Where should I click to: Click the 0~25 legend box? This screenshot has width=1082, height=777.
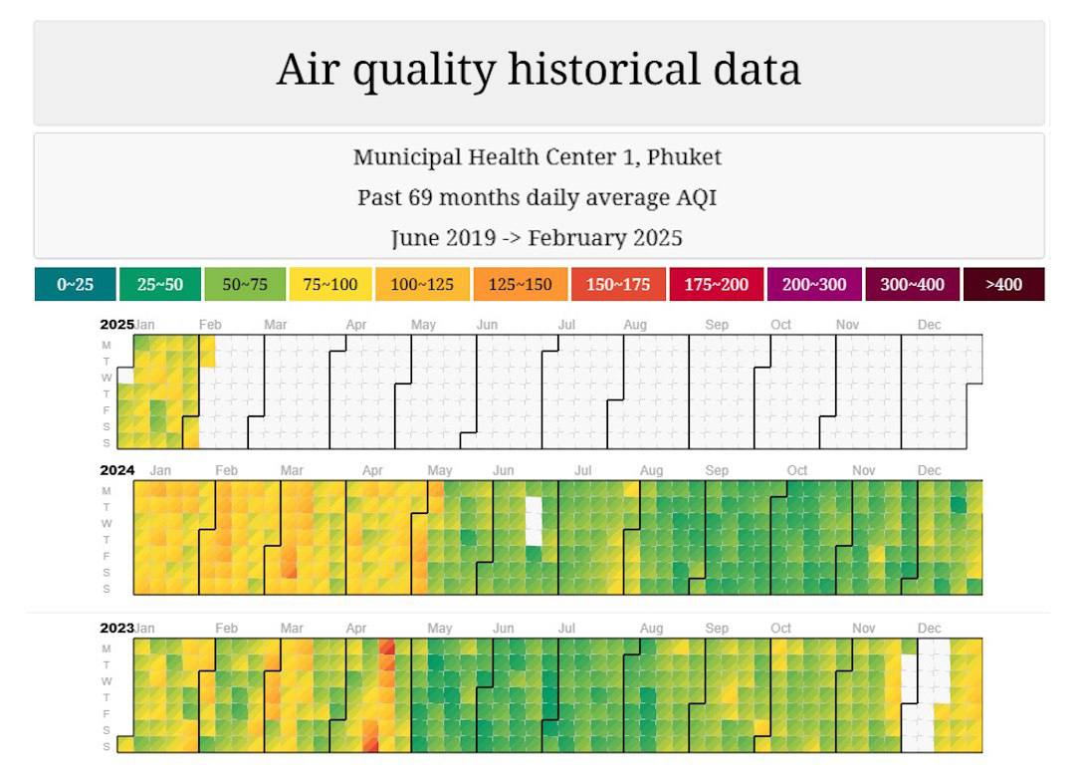[75, 284]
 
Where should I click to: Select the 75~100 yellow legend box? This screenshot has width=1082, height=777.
[329, 284]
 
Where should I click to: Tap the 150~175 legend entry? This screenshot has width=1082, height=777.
[618, 284]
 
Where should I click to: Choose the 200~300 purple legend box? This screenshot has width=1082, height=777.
[813, 284]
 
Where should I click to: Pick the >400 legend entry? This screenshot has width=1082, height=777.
[1003, 284]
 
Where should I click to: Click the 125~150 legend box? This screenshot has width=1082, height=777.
[520, 284]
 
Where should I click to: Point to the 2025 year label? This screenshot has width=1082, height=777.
[116, 324]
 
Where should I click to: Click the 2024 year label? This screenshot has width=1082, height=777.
[116, 470]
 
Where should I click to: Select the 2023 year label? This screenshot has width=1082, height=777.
[116, 628]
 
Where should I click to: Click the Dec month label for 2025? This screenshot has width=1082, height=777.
[929, 325]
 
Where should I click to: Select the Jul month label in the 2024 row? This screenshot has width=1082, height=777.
[583, 470]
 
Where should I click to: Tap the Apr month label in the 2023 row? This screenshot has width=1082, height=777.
[355, 629]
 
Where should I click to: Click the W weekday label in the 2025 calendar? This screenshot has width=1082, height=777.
[107, 378]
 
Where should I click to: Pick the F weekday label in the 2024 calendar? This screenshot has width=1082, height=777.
[107, 556]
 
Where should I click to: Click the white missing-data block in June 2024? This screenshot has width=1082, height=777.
[535, 520]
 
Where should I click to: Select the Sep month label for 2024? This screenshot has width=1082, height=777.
[717, 470]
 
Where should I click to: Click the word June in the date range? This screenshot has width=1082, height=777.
[416, 238]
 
